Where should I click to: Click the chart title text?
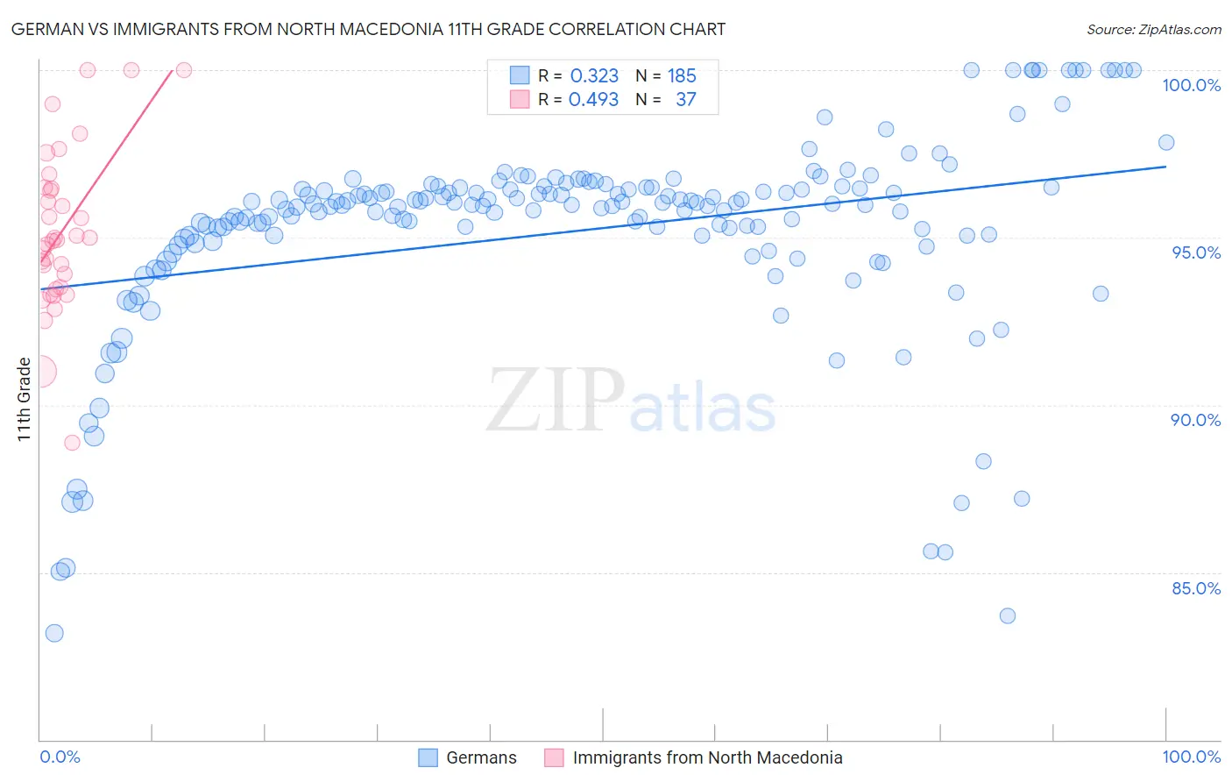pyautogui.click(x=368, y=29)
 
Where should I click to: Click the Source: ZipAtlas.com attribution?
pyautogui.click(x=1153, y=29)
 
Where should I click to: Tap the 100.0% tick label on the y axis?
pyautogui.click(x=1191, y=85)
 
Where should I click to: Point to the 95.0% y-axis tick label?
pyautogui.click(x=1196, y=252)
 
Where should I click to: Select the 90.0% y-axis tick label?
pyautogui.click(x=1195, y=420)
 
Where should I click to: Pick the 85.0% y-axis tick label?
pyautogui.click(x=1196, y=588)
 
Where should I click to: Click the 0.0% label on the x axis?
pyautogui.click(x=60, y=757)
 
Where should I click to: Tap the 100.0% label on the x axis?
pyautogui.click(x=1191, y=757)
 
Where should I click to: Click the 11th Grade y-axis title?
pyautogui.click(x=24, y=399)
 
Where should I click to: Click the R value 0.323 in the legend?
pyautogui.click(x=594, y=76)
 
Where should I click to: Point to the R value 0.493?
pyautogui.click(x=593, y=100)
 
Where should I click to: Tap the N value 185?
pyautogui.click(x=682, y=76)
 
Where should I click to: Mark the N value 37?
pyautogui.click(x=685, y=100)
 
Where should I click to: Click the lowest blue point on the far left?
pyautogui.click(x=54, y=633)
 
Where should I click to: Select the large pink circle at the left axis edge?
pyautogui.click(x=40, y=372)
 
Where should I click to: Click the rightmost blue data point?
pyautogui.click(x=1166, y=143)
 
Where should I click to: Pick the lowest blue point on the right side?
pyautogui.click(x=1008, y=616)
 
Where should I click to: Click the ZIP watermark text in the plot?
pyautogui.click(x=556, y=401)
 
